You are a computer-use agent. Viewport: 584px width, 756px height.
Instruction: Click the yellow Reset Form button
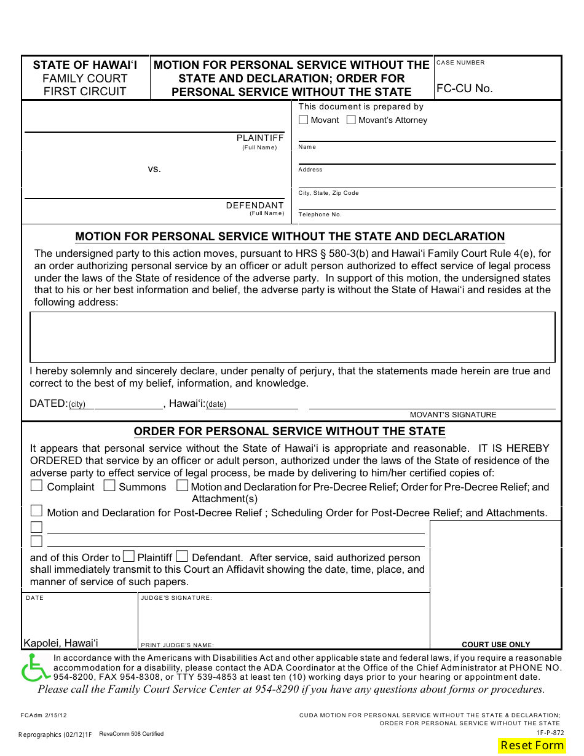[x=532, y=745]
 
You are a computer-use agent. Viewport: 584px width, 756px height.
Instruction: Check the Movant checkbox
[x=303, y=120]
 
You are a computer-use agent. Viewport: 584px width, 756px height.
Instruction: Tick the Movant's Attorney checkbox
[x=351, y=120]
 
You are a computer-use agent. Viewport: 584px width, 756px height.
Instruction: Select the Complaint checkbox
[x=37, y=486]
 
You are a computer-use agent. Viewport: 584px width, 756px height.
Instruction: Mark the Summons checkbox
[x=109, y=486]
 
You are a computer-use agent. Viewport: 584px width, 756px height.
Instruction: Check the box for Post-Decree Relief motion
[x=37, y=511]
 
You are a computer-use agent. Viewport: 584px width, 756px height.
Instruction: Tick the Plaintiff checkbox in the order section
[x=128, y=557]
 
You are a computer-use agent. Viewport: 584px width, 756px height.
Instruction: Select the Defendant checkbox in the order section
[x=182, y=557]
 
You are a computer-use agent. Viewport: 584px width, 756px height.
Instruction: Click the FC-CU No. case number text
[x=464, y=89]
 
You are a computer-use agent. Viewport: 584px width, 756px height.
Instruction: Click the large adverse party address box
[x=293, y=337]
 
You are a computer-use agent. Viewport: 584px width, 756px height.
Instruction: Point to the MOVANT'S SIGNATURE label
[x=453, y=415]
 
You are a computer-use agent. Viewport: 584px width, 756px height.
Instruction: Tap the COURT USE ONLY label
[x=495, y=644]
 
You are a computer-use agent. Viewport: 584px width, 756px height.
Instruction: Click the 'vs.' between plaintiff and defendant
[x=154, y=168]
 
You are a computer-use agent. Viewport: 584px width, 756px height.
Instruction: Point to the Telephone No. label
[x=320, y=215]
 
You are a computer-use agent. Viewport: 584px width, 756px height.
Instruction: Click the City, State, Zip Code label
[x=328, y=193]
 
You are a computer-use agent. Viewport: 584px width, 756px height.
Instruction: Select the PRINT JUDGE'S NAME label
[x=177, y=645]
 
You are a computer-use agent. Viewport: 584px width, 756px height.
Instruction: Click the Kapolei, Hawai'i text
[x=61, y=643]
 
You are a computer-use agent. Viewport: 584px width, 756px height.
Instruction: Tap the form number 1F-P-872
[x=550, y=733]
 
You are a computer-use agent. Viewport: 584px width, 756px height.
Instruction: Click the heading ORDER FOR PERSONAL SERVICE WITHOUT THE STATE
[x=290, y=431]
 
